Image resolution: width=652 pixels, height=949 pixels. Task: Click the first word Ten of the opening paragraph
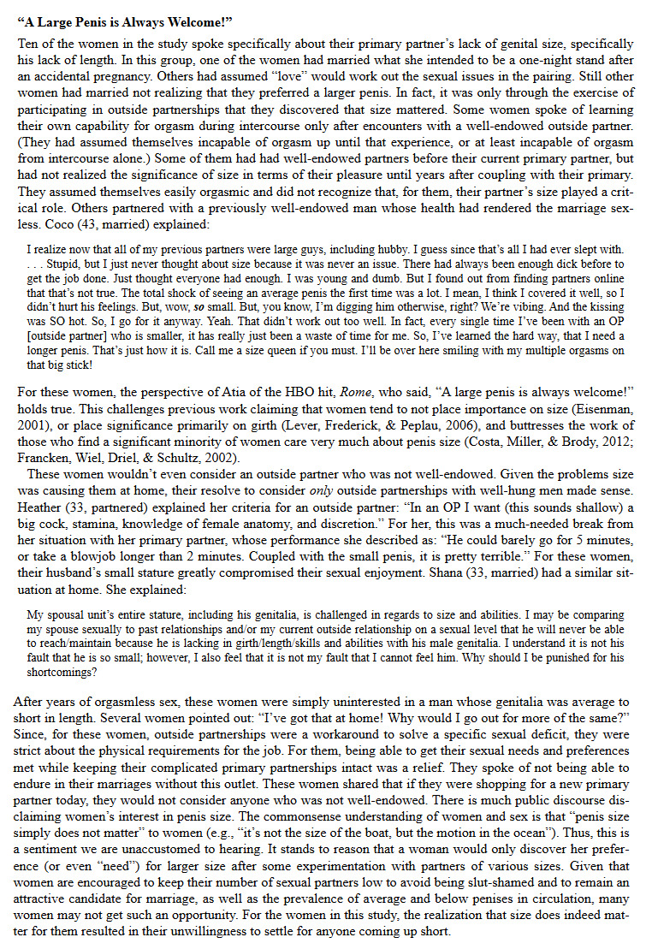pos(28,44)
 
